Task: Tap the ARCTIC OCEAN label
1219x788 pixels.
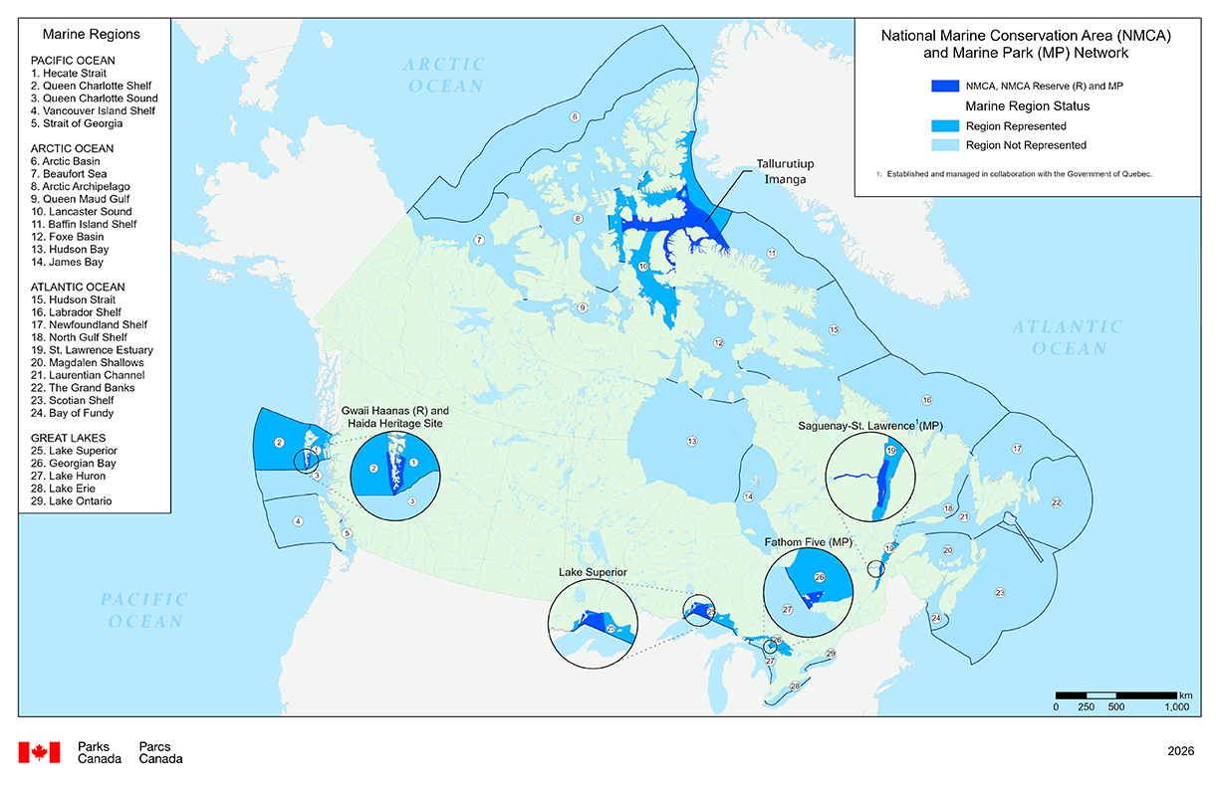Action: pos(443,75)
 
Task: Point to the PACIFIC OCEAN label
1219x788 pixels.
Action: pos(143,609)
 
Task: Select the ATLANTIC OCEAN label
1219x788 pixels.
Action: pos(1069,337)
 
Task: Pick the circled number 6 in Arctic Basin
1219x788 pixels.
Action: pos(574,117)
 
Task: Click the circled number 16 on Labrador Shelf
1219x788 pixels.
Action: pos(926,400)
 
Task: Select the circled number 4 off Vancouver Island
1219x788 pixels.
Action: pos(297,520)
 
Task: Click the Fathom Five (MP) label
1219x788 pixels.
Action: pos(806,542)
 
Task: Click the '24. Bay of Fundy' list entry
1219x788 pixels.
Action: pos(73,413)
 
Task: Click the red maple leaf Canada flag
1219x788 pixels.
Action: pos(40,752)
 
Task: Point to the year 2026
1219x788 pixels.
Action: pos(1181,752)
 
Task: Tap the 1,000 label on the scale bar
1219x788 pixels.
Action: pos(1176,707)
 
